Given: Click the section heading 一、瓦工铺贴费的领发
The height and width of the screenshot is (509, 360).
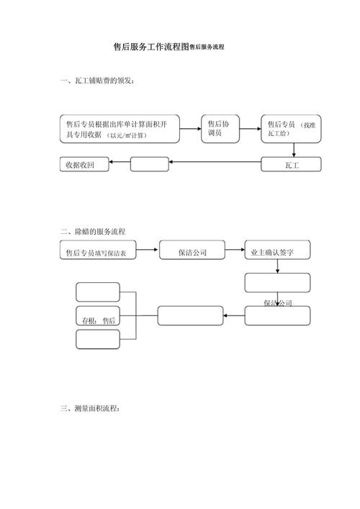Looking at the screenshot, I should coord(96,81).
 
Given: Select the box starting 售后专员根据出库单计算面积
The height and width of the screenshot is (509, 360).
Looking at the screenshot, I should coord(119,129).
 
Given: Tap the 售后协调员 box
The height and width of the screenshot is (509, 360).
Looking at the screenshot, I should coord(219,129).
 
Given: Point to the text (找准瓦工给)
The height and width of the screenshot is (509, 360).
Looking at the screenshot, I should coord(311,130).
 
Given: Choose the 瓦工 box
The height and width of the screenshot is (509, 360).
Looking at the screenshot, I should coord(291,166).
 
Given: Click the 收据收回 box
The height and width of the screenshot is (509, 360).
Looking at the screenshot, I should coord(84,165).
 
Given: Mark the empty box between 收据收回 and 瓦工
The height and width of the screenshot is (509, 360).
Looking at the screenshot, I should coord(149,165).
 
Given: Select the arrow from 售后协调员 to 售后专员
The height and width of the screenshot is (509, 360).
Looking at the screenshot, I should coord(248,130).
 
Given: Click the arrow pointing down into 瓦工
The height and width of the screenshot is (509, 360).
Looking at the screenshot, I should coord(294,150).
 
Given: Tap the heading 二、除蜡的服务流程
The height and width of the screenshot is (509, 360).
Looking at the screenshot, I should coord(94,232).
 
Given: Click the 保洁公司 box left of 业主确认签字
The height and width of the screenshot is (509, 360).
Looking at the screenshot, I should coord(192,253).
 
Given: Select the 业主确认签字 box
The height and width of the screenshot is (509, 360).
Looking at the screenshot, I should coord(277,253).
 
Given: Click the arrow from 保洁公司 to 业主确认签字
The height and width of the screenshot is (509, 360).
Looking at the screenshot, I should coord(235,253).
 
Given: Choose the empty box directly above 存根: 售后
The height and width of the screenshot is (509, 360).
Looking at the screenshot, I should coord(97,292).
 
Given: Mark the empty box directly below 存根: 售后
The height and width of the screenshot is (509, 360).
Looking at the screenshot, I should coord(97,339).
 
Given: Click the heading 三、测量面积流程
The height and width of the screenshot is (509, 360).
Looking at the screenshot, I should coord(91,408).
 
